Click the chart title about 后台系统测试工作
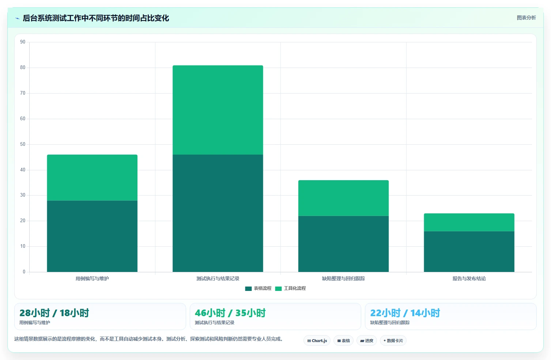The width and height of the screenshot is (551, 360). tap(96, 18)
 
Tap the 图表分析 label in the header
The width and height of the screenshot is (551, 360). tap(526, 18)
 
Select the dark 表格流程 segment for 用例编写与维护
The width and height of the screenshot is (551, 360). tap(92, 236)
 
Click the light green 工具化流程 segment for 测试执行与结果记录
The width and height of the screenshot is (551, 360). tap(218, 110)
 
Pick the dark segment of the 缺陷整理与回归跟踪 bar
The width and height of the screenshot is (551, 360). tap(343, 244)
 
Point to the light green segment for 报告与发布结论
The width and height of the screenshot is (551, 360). tap(469, 222)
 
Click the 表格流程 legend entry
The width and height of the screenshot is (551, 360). tap(258, 288)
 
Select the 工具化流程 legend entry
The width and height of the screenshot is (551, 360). tap(291, 288)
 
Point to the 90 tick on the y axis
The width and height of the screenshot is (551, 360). tap(23, 42)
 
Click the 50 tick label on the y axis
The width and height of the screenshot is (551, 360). tap(23, 144)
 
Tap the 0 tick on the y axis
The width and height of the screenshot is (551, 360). tap(24, 272)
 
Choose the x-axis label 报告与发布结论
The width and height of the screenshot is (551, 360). tap(469, 278)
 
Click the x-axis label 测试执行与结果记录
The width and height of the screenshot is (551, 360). tap(218, 278)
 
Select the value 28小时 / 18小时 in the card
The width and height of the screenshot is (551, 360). tap(54, 313)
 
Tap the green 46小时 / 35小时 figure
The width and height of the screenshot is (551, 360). tap(230, 313)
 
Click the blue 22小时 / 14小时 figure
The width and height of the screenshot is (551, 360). tap(405, 313)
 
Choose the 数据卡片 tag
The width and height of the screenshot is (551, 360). tap(393, 341)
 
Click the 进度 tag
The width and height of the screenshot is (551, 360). tap(366, 341)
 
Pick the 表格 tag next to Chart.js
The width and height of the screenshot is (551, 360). tap(343, 341)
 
